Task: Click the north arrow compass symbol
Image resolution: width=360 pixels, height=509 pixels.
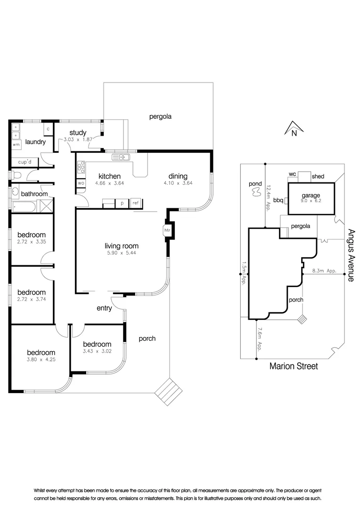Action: (x=294, y=128)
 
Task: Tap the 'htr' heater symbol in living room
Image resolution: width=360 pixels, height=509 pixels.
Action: (x=167, y=230)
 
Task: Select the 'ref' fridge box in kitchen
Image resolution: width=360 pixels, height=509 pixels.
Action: (x=136, y=203)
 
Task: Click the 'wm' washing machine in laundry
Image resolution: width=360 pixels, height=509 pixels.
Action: (x=16, y=145)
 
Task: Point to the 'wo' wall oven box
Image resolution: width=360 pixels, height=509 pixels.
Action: (x=81, y=183)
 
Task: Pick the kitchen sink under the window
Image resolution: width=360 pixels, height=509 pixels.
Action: (x=121, y=157)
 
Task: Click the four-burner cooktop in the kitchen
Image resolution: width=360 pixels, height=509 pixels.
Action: (x=81, y=167)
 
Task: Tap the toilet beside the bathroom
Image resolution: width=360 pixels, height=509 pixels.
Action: (x=16, y=176)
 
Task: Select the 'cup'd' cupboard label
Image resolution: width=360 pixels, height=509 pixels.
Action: (x=25, y=162)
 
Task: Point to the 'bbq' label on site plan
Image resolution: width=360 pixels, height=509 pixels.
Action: (x=278, y=200)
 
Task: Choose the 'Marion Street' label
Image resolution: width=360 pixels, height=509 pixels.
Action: (x=294, y=366)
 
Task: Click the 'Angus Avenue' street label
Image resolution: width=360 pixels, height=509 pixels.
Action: (x=351, y=255)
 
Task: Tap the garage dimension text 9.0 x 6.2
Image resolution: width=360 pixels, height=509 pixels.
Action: (x=311, y=201)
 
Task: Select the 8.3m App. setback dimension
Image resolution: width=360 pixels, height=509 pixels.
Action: (x=324, y=271)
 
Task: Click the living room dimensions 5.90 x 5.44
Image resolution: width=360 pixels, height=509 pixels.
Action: (x=122, y=253)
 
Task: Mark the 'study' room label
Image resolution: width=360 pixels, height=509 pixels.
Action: (x=78, y=133)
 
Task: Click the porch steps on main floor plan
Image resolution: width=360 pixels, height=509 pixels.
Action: (x=169, y=392)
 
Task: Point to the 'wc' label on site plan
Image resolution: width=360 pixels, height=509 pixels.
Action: (x=292, y=174)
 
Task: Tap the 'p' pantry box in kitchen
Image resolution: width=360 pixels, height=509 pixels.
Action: (x=123, y=203)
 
